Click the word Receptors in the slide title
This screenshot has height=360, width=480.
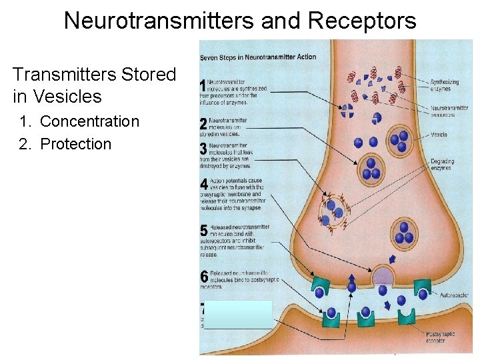[363, 21]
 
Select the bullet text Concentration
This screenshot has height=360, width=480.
[89, 121]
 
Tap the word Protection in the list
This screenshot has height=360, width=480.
[76, 144]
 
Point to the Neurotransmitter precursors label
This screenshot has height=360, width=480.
[449, 111]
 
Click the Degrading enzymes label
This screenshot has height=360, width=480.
[441, 165]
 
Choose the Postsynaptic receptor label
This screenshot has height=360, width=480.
[441, 337]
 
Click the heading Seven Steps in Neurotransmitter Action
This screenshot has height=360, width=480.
[258, 57]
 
